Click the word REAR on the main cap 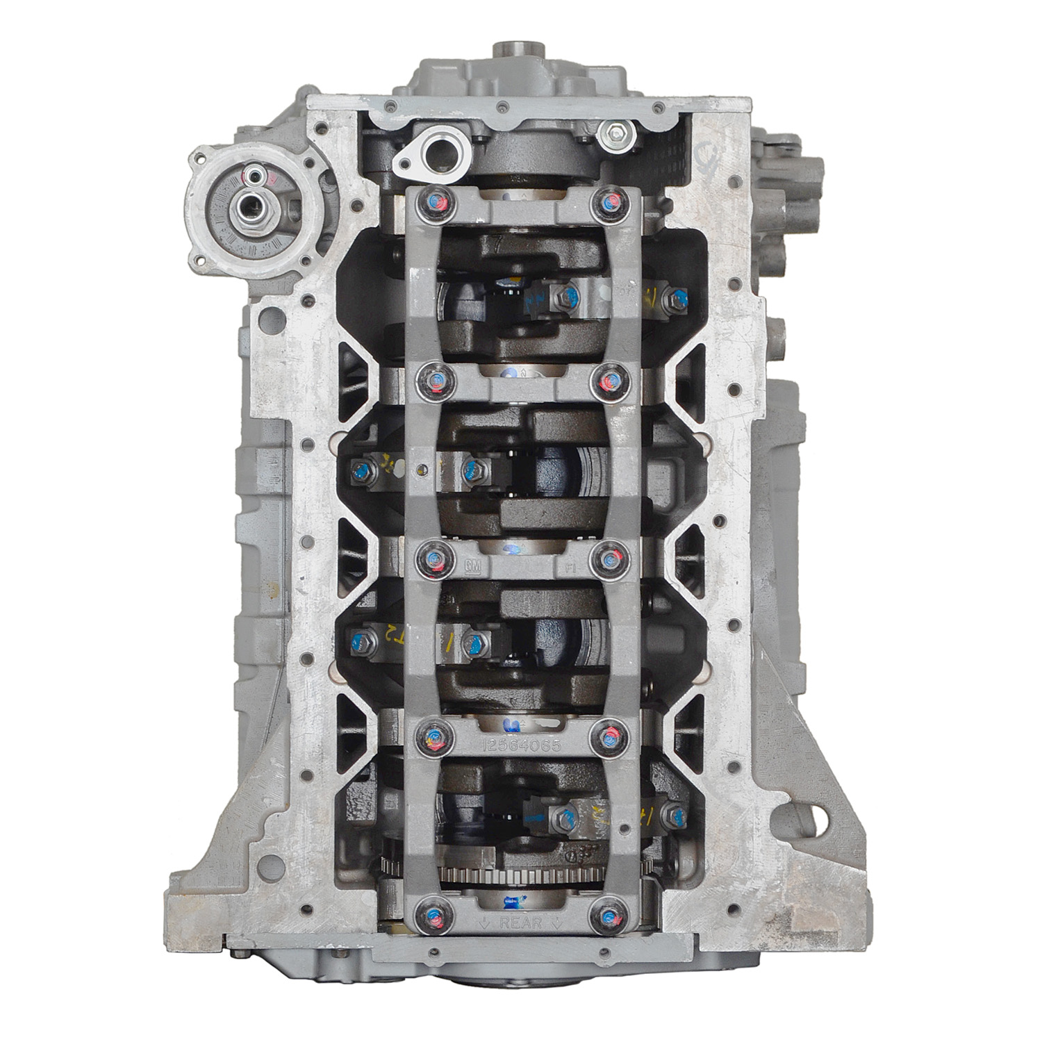tap(520, 923)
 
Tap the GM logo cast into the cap tap(472, 567)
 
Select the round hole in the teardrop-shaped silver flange tap(438, 147)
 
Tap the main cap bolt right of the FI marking tap(609, 558)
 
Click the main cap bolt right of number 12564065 tap(609, 736)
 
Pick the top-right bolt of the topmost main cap tap(609, 202)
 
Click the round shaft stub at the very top tap(511, 51)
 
